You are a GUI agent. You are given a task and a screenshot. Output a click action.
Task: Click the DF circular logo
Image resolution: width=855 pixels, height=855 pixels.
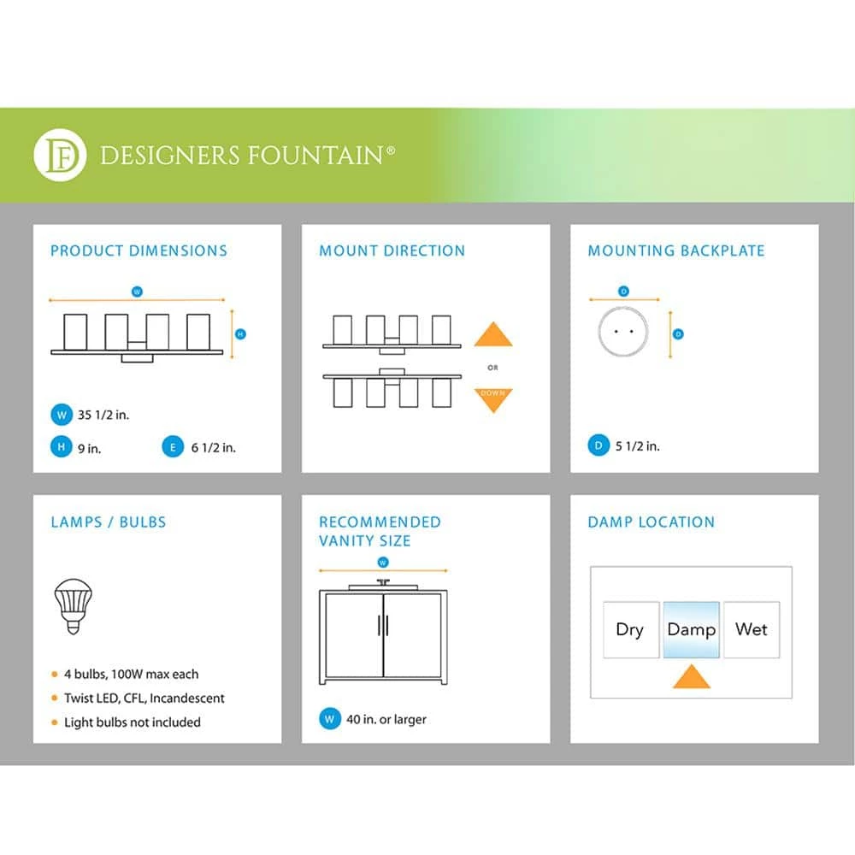click(x=60, y=155)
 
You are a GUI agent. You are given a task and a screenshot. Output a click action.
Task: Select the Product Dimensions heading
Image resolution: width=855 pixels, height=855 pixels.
click(x=139, y=251)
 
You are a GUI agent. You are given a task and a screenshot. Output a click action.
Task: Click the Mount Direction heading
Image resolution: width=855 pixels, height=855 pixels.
click(x=392, y=251)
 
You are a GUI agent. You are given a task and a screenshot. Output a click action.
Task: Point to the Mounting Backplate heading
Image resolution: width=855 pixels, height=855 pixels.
click(x=675, y=251)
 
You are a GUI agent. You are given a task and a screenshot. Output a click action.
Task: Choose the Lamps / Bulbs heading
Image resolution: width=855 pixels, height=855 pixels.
click(x=108, y=522)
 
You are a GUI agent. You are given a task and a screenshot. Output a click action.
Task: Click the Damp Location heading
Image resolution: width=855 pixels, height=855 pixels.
click(x=651, y=522)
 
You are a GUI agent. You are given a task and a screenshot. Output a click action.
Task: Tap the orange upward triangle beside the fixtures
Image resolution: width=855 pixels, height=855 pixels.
click(x=493, y=334)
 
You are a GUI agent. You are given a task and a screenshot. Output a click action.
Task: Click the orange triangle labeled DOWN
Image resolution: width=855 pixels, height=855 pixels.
click(x=493, y=398)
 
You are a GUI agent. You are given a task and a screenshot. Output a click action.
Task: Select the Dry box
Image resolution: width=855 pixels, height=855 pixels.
click(x=630, y=630)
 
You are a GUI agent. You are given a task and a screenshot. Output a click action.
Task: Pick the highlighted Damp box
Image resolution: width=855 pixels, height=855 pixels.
click(x=691, y=630)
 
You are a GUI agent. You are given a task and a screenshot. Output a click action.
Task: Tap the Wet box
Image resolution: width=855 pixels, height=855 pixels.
click(x=752, y=630)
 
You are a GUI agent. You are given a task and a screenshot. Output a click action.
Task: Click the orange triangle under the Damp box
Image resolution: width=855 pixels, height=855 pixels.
click(x=691, y=677)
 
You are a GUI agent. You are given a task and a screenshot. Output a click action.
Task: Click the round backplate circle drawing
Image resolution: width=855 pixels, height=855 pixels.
click(x=622, y=332)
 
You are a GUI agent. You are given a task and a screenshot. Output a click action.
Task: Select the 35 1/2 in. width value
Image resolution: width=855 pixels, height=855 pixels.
click(x=107, y=416)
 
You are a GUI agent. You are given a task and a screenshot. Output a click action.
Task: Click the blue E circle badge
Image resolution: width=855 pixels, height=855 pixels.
click(x=173, y=446)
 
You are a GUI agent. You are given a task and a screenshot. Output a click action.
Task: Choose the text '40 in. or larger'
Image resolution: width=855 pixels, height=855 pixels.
click(x=386, y=719)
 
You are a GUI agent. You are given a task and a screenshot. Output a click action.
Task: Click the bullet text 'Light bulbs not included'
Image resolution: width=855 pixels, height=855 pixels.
click(x=132, y=722)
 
